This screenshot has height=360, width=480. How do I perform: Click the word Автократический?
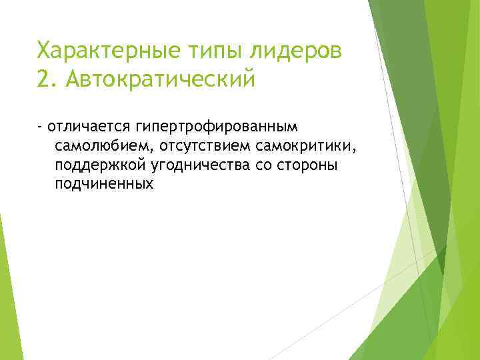tap(161, 79)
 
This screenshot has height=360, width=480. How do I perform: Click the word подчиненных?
tap(105, 184)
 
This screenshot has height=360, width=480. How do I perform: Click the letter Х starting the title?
tap(43, 50)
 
